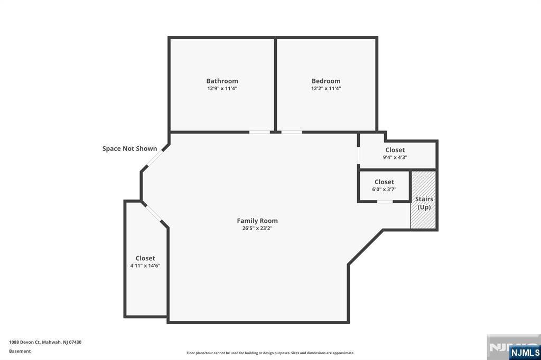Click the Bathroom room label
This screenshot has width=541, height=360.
[x=222, y=81]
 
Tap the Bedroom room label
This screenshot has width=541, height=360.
[x=325, y=81]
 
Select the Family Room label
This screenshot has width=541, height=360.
[x=257, y=221]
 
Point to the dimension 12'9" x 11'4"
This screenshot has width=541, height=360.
[x=222, y=88]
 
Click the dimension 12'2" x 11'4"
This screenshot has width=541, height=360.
[x=325, y=88]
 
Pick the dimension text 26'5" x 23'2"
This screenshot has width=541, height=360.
[x=257, y=228]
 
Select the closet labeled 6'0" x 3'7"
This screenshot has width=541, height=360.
[x=384, y=185]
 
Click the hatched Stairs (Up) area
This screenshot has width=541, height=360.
[x=423, y=200]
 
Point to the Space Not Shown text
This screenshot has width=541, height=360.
[x=129, y=149]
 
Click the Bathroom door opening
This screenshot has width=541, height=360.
[x=259, y=132]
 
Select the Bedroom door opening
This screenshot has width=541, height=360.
[x=292, y=132]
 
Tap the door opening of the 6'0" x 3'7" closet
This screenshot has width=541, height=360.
[x=385, y=202]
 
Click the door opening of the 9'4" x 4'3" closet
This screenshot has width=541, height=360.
[x=359, y=155]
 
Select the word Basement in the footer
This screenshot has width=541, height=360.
[x=20, y=351]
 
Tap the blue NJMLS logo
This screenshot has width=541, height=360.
[x=525, y=353]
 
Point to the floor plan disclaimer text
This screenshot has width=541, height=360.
[x=270, y=353]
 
